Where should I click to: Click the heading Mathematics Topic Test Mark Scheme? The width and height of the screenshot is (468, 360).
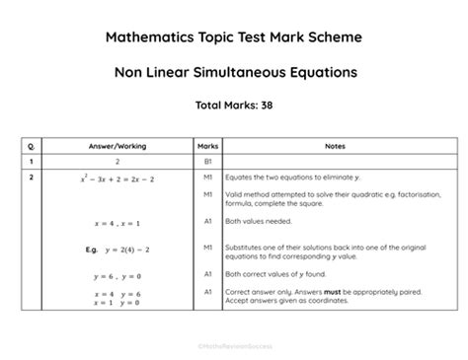pos(234,38)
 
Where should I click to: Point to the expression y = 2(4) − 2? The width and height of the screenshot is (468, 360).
pos(121,251)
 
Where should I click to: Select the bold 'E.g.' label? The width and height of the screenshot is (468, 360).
pos(91,251)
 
